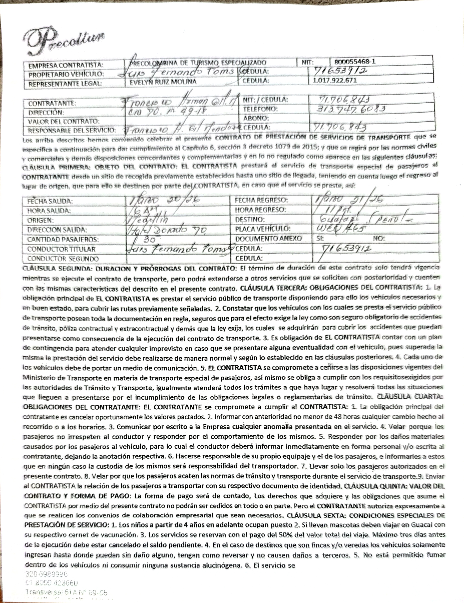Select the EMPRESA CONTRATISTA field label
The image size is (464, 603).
pos(66,65)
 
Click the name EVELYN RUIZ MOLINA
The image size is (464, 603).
pos(163,82)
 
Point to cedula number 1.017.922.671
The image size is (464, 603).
pos(335,81)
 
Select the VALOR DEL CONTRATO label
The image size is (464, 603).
pos(63,121)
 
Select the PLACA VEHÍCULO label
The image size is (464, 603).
pos(263,229)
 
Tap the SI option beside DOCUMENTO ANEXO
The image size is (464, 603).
pos(320,239)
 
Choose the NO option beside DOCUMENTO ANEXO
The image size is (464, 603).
pos(379,239)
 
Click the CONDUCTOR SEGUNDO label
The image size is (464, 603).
pos(63,259)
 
